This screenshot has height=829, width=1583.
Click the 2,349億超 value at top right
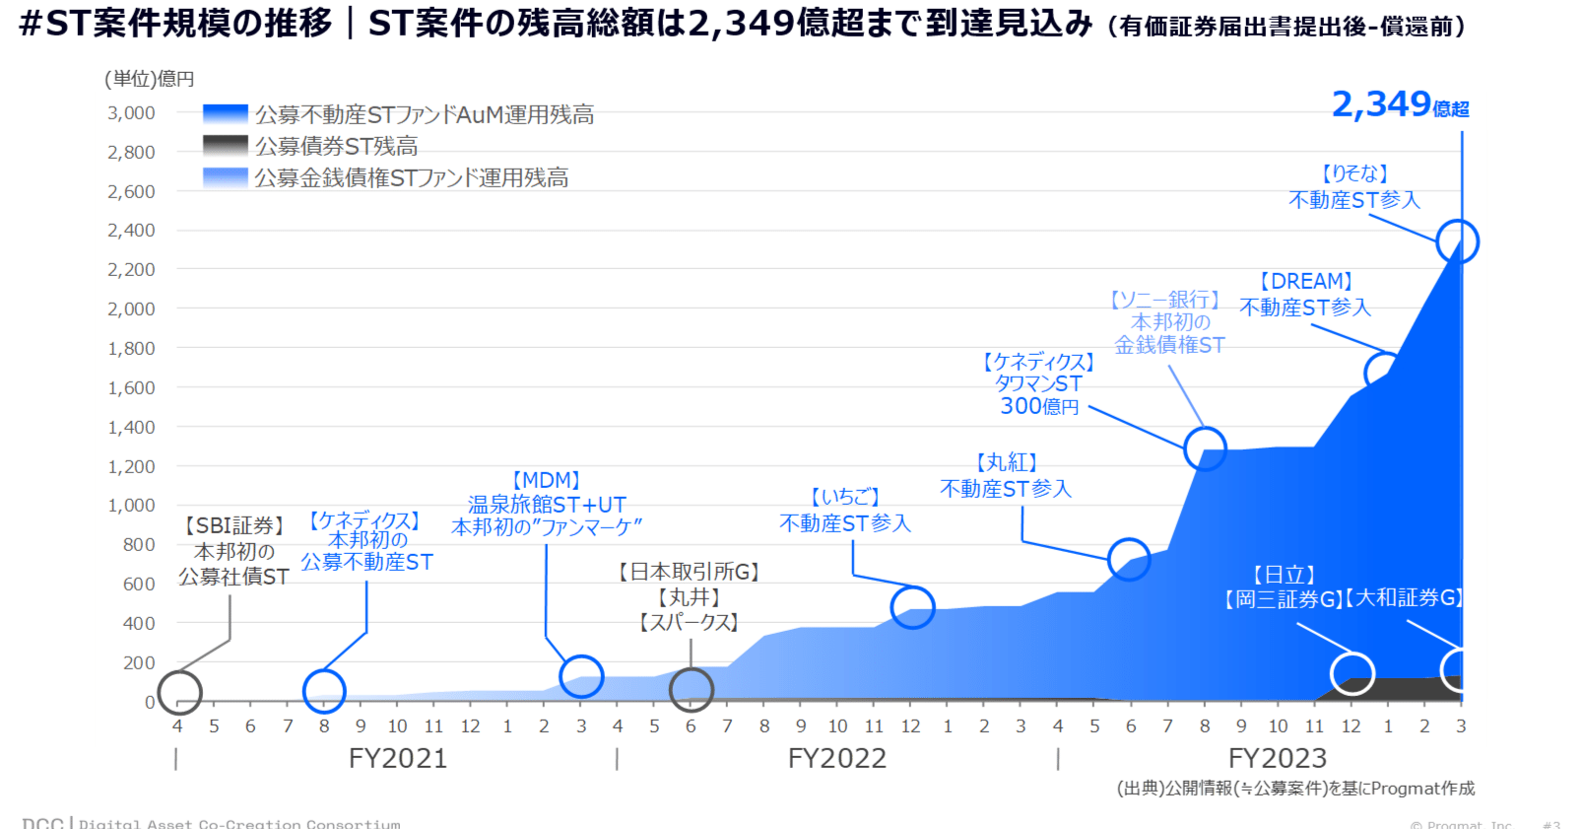(1399, 104)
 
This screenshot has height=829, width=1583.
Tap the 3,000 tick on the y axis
(131, 113)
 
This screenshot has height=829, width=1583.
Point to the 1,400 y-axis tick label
(131, 428)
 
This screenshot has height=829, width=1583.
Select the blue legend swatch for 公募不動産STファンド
(225, 115)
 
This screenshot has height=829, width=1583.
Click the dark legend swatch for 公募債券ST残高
(225, 146)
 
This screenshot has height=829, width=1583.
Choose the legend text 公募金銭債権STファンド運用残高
(411, 178)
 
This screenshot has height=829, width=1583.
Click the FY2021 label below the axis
(398, 758)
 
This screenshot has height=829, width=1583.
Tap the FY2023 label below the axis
(1277, 758)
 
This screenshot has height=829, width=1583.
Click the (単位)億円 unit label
(150, 79)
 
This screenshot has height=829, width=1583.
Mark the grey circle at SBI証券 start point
(179, 692)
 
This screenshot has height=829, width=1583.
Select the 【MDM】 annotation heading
(546, 480)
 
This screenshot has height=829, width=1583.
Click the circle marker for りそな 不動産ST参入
(1457, 242)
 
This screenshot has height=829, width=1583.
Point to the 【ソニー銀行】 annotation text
(1165, 299)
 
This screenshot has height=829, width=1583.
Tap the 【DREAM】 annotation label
(1305, 282)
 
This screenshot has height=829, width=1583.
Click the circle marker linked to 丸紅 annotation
(1129, 559)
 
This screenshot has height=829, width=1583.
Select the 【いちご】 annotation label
(844, 498)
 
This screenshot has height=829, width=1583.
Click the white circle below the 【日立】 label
(1352, 673)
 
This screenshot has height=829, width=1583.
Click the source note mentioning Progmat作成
(1295, 788)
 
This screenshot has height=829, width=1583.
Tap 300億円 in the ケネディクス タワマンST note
(1039, 406)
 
